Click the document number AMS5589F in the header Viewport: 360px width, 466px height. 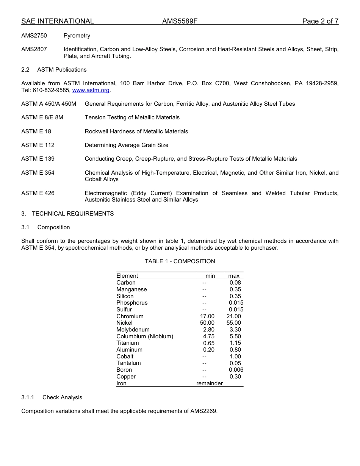click(180, 21)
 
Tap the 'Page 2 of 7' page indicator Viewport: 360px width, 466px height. click(320, 21)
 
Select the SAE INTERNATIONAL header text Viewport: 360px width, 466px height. click(58, 21)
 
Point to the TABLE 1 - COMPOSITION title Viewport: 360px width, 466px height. click(180, 261)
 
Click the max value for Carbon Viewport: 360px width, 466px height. click(235, 283)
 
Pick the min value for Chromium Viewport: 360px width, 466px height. click(207, 316)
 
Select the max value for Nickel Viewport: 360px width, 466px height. click(233, 323)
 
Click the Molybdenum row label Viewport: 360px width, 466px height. click(133, 330)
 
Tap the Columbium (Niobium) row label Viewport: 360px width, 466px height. click(145, 336)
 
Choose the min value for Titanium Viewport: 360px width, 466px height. click(208, 343)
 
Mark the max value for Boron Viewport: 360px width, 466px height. click(236, 370)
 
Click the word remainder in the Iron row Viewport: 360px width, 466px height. click(209, 383)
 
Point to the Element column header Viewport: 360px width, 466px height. click(127, 276)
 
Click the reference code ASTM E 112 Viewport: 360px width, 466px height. click(38, 145)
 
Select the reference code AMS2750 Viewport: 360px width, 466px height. click(34, 36)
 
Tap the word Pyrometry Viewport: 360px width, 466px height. click(77, 36)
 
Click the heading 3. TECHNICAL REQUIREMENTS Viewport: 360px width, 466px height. click(67, 214)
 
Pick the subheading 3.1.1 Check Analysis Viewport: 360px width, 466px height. click(52, 397)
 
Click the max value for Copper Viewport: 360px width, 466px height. click(235, 377)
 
